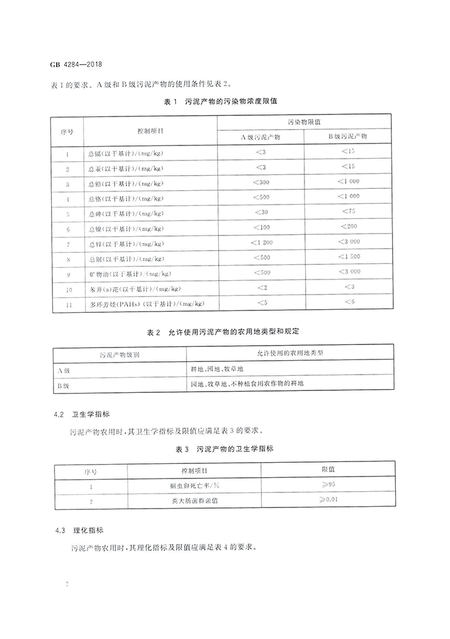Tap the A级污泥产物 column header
pyautogui.click(x=262, y=136)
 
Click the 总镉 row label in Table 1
pyautogui.click(x=123, y=153)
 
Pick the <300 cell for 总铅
pyautogui.click(x=262, y=183)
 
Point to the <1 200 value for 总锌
pyautogui.click(x=262, y=242)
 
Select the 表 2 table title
pyautogui.click(x=225, y=332)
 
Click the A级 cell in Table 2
pyautogui.click(x=62, y=369)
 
